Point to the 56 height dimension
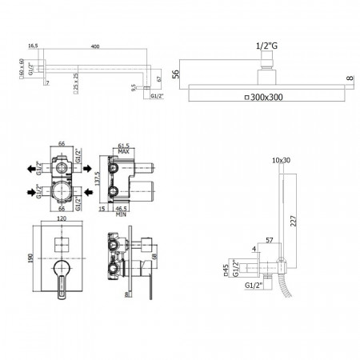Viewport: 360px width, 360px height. (178, 74)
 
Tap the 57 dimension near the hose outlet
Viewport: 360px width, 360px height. (270, 239)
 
